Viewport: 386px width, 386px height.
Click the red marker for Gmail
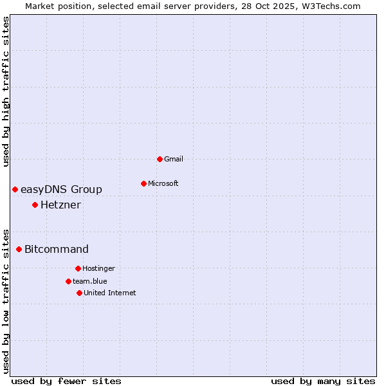tap(160, 159)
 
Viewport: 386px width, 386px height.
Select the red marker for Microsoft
tap(143, 183)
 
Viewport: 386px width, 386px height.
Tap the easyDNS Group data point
tap(15, 189)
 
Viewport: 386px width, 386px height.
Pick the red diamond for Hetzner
tap(35, 205)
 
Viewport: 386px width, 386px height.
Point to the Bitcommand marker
tap(19, 249)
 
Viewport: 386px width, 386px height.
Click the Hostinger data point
tap(78, 268)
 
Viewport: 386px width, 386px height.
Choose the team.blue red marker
tap(68, 281)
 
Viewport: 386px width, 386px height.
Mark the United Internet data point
tap(79, 293)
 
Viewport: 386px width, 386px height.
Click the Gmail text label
tap(174, 159)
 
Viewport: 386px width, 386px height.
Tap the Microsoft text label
tap(163, 183)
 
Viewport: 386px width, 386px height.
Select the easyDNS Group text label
tap(61, 189)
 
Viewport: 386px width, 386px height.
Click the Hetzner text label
tap(60, 205)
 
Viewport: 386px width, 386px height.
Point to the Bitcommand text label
tap(57, 249)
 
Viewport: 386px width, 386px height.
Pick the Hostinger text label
tap(98, 268)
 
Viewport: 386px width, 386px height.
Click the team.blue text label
tap(90, 281)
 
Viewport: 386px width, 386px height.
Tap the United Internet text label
tap(110, 293)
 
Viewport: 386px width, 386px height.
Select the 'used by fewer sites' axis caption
tap(66, 381)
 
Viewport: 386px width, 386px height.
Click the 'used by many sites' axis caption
tap(323, 381)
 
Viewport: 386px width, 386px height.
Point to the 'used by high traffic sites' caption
tap(6, 91)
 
